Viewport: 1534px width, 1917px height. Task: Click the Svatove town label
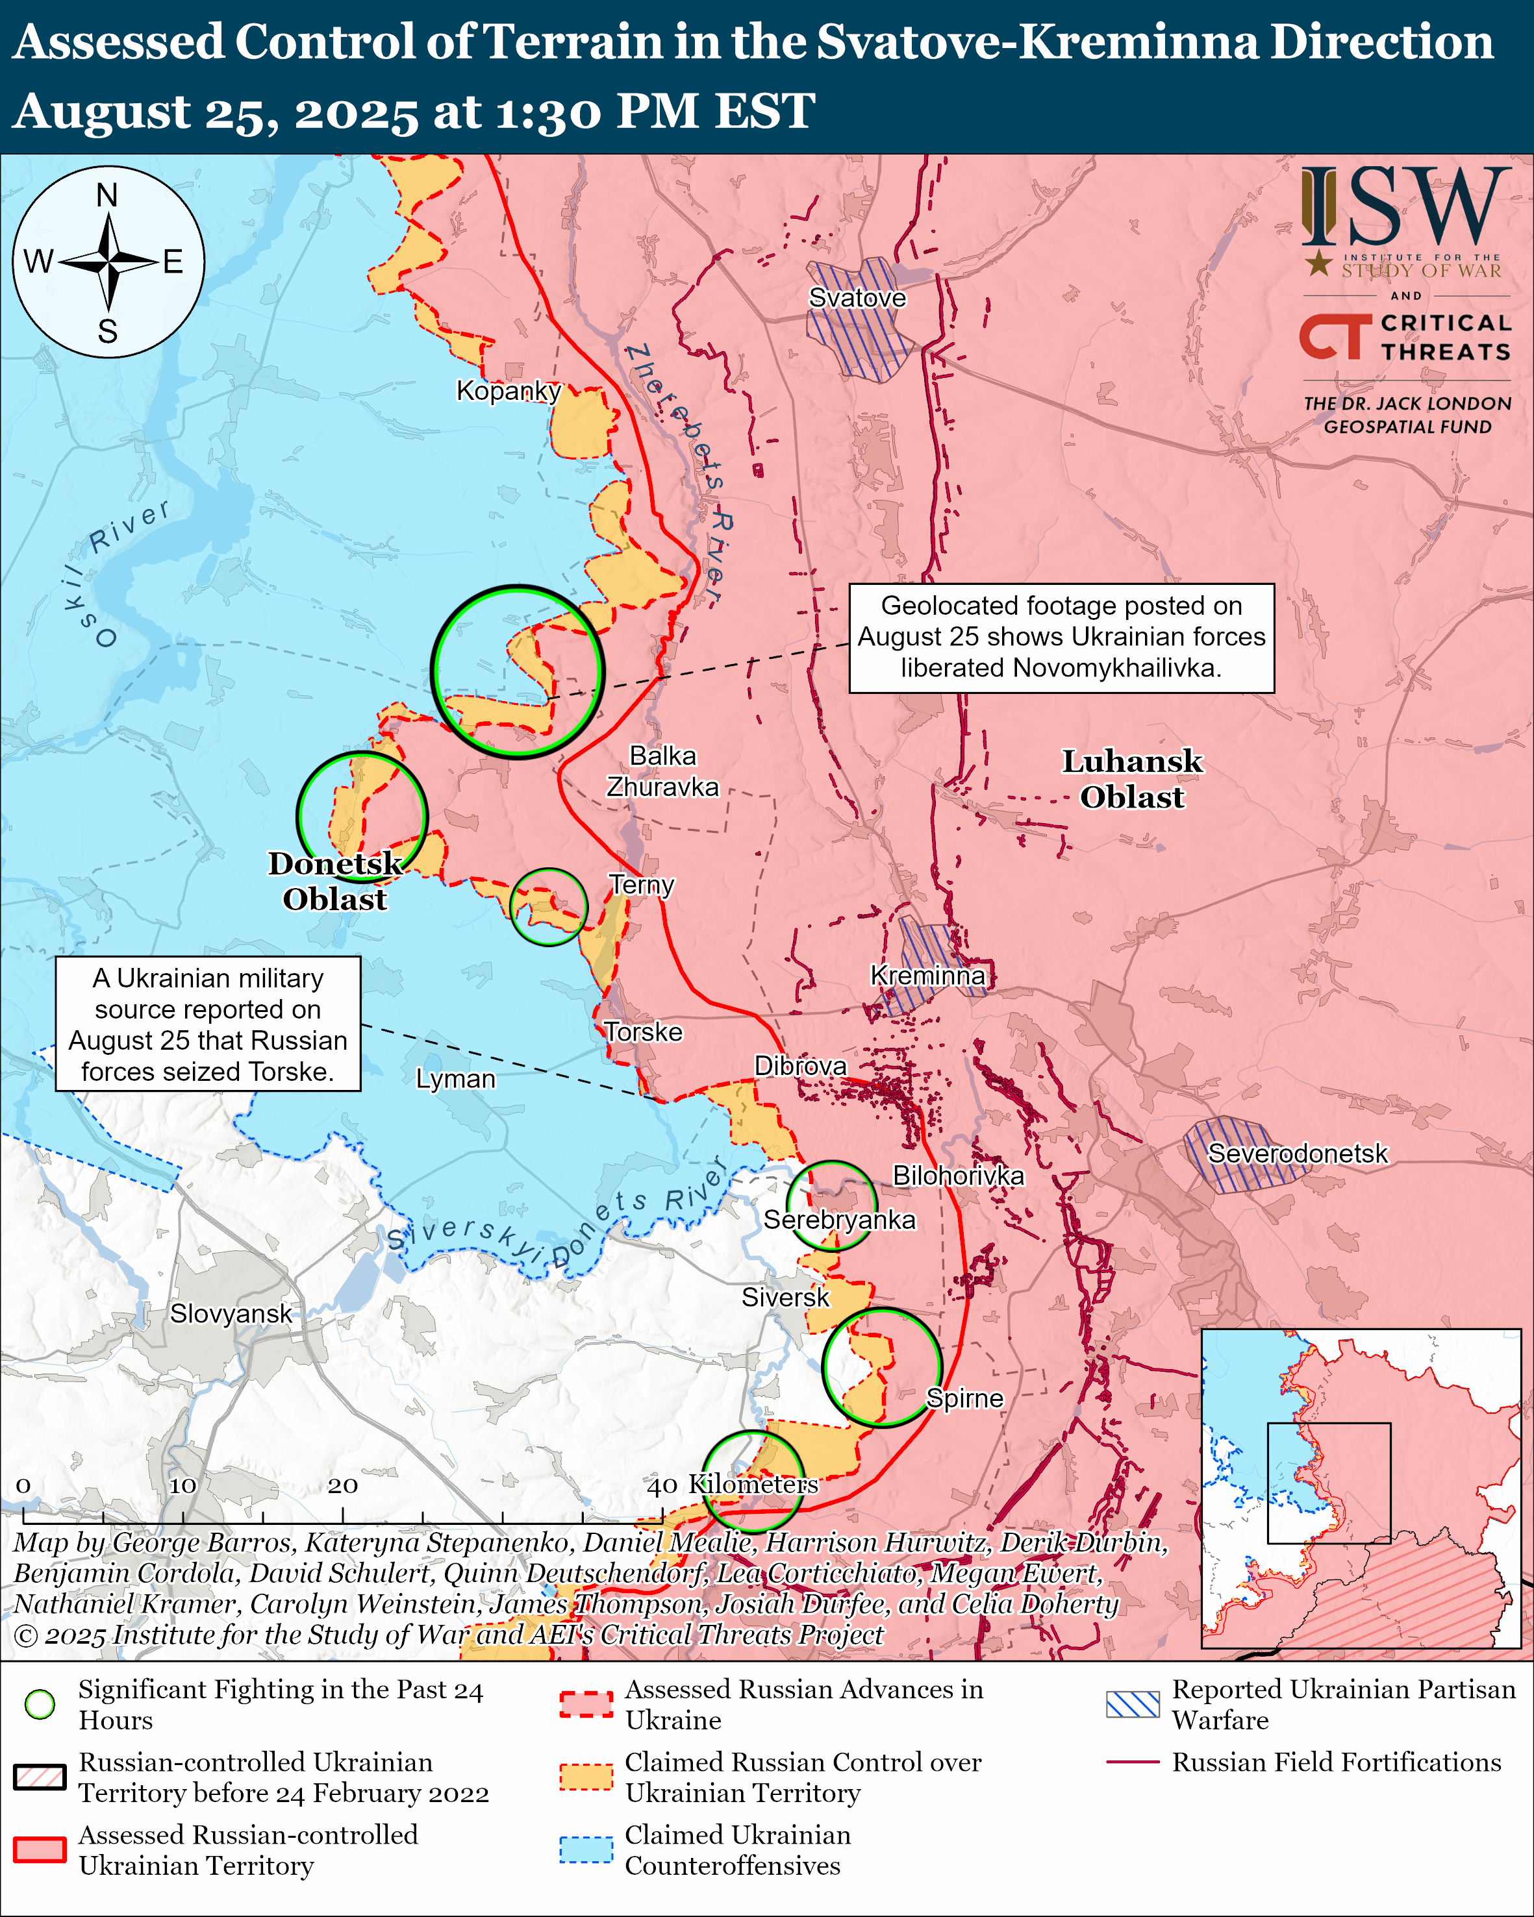[857, 298]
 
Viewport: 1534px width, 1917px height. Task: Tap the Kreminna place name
[927, 976]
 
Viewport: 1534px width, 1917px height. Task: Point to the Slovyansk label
[231, 1313]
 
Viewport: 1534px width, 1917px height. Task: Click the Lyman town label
[455, 1078]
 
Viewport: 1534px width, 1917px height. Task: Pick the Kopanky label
[508, 390]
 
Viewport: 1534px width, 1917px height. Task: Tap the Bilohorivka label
[958, 1176]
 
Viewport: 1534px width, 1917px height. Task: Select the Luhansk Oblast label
[1131, 779]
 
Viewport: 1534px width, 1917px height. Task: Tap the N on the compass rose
[107, 195]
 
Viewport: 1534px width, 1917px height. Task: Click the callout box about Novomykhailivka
[1061, 637]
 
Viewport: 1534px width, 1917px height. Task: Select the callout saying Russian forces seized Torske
[207, 1023]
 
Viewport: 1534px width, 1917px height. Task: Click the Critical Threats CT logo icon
[1334, 336]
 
